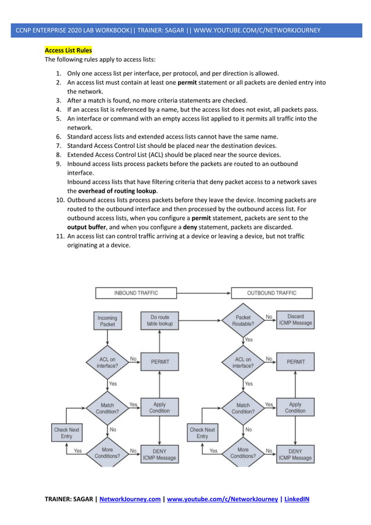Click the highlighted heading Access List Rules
coord(68,51)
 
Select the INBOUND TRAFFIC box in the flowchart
coord(135,293)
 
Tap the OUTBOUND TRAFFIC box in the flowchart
coord(272,293)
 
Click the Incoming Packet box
coord(107,321)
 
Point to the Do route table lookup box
coord(160,321)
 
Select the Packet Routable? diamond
coord(243,321)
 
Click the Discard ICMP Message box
coord(295,320)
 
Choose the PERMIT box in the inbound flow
coord(160,361)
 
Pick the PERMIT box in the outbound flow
coord(295,361)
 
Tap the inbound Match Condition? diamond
coord(108,407)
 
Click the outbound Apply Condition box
coord(295,407)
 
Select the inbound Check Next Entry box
coord(66,433)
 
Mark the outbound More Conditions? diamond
coord(243,453)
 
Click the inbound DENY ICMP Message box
coord(159,454)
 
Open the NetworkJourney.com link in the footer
coord(130,499)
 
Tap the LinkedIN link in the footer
coord(297,499)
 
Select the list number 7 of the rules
coord(59,146)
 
